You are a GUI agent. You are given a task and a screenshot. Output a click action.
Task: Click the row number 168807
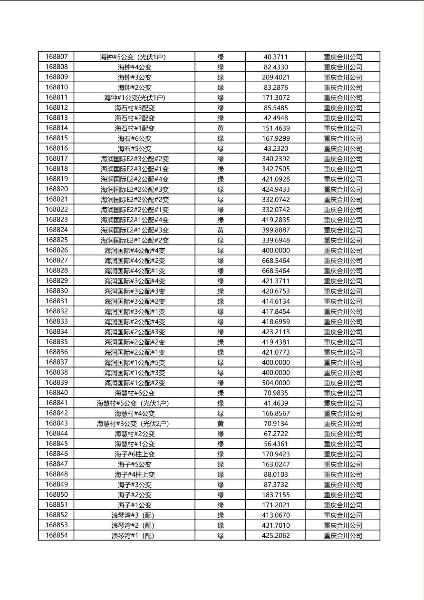pyautogui.click(x=57, y=57)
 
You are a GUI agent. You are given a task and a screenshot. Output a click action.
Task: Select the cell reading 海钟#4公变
pyautogui.click(x=135, y=67)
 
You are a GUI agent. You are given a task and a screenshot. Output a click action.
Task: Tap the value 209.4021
pyautogui.click(x=276, y=77)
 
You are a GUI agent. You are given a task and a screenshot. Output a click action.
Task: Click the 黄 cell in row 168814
pyautogui.click(x=221, y=128)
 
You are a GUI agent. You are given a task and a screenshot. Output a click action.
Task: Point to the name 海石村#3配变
pyautogui.click(x=135, y=108)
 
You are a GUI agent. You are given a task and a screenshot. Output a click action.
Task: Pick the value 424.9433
pyautogui.click(x=276, y=189)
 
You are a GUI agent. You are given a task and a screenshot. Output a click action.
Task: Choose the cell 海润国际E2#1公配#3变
pyautogui.click(x=135, y=230)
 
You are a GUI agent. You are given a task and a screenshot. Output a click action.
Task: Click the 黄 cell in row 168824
pyautogui.click(x=221, y=230)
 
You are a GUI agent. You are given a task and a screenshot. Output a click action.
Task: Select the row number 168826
pyautogui.click(x=57, y=250)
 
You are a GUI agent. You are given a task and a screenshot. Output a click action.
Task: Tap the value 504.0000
pyautogui.click(x=276, y=383)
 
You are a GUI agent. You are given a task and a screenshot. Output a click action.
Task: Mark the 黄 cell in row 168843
pyautogui.click(x=221, y=424)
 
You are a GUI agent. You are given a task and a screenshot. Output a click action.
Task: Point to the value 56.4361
pyautogui.click(x=276, y=444)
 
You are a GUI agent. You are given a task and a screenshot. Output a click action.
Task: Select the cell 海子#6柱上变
pyautogui.click(x=135, y=454)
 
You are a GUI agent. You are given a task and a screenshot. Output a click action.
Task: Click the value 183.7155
pyautogui.click(x=276, y=495)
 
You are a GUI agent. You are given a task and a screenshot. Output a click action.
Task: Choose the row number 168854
pyautogui.click(x=57, y=535)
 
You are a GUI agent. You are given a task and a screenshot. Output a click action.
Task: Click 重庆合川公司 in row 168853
pyautogui.click(x=343, y=525)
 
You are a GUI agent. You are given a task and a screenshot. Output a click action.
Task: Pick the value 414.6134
pyautogui.click(x=276, y=301)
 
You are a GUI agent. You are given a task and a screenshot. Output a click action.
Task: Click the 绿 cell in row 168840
pyautogui.click(x=221, y=393)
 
